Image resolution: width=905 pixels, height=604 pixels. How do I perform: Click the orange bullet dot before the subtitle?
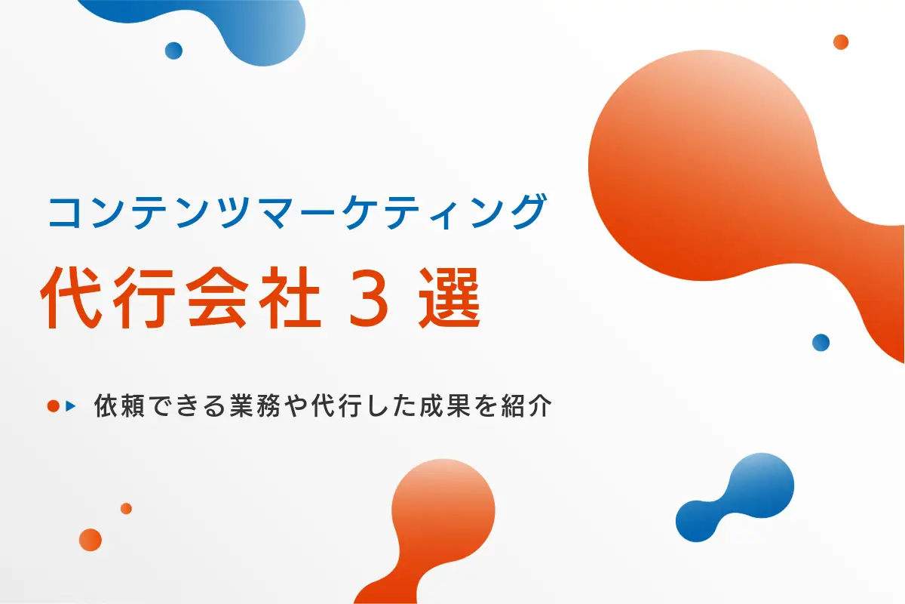click(53, 406)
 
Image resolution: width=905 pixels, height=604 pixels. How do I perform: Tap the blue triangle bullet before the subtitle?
click(72, 406)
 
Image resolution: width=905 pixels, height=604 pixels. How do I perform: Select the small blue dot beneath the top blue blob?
click(173, 51)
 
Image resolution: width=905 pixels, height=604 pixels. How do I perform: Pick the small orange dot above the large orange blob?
click(841, 42)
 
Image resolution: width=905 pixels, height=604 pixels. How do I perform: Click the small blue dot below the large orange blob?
click(821, 342)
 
